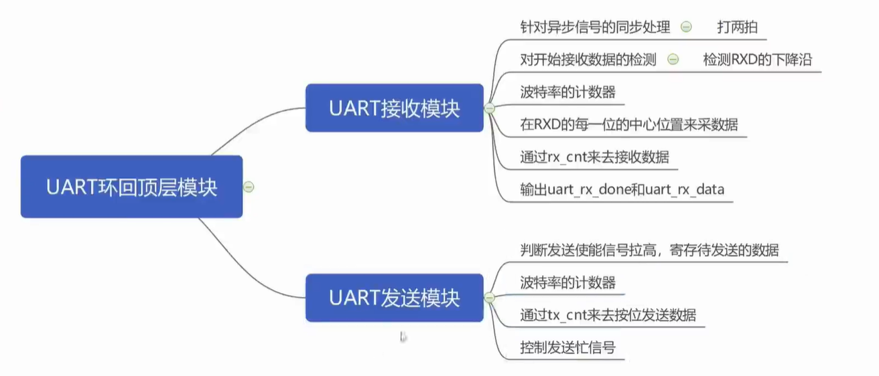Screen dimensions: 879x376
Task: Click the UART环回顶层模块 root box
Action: (x=131, y=187)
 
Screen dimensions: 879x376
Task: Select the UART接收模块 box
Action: (x=395, y=108)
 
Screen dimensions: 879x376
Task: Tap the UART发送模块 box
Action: (x=395, y=298)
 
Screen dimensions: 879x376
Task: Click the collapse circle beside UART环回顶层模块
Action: (x=249, y=187)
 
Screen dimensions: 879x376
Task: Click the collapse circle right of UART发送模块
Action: (x=489, y=298)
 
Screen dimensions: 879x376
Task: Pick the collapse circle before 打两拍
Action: (x=686, y=27)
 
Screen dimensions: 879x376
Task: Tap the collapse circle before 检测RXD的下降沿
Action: (x=673, y=59)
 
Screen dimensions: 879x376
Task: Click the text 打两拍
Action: (x=738, y=27)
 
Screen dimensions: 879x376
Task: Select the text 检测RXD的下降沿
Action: (x=757, y=60)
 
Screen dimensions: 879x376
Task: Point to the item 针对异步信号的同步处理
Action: (x=595, y=27)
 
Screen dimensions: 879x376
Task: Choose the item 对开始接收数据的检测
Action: (x=588, y=60)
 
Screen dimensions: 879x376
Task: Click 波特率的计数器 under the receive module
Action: (x=568, y=92)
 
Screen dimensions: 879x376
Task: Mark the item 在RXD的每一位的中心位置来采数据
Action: (x=629, y=124)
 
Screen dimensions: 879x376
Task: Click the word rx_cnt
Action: (x=567, y=157)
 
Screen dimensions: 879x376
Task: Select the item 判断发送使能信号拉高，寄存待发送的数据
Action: (x=649, y=250)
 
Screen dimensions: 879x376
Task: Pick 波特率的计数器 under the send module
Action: (x=568, y=282)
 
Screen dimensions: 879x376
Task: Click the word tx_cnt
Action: (x=567, y=315)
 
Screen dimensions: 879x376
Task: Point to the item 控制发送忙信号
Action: (x=568, y=347)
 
